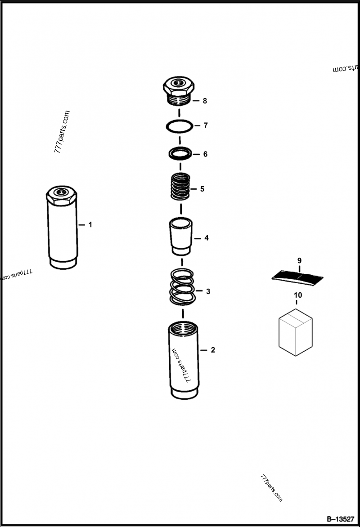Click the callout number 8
[205, 101]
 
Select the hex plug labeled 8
[179, 90]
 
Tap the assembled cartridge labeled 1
[62, 227]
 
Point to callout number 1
[90, 224]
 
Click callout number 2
[213, 350]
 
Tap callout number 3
[208, 291]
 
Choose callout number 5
[202, 189]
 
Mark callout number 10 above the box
[298, 295]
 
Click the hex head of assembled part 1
[61, 194]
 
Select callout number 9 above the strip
[299, 261]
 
